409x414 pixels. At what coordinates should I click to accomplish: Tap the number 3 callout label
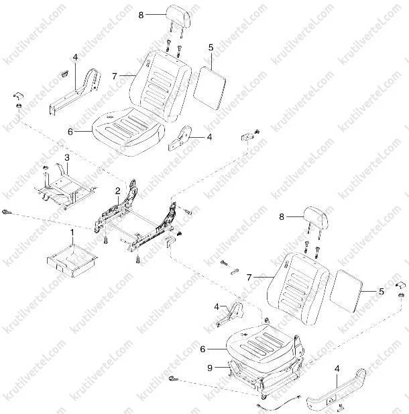[66, 157]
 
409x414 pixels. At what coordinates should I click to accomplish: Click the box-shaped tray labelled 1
[72, 259]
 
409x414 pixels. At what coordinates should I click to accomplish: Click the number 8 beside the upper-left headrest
[140, 13]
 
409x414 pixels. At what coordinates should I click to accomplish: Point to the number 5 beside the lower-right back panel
[382, 292]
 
